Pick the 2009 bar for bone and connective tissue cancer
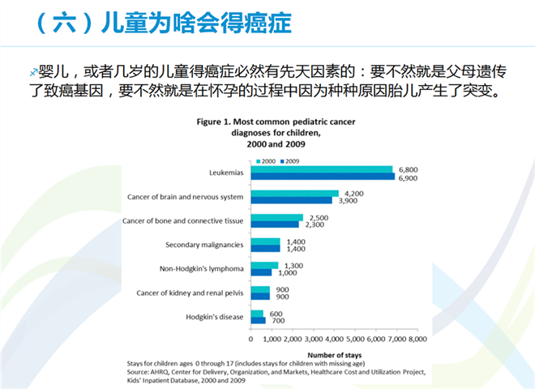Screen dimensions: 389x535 tap(275, 224)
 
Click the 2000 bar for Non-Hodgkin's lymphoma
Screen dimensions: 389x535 tap(264, 264)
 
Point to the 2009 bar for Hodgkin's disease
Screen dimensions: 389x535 tap(259, 320)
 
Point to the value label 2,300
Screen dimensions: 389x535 tap(315, 224)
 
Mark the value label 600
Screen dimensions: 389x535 tap(276, 312)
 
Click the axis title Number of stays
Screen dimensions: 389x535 tap(333, 353)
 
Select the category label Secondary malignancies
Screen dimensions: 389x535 tap(203, 244)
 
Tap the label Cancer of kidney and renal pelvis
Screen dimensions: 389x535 tap(191, 292)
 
